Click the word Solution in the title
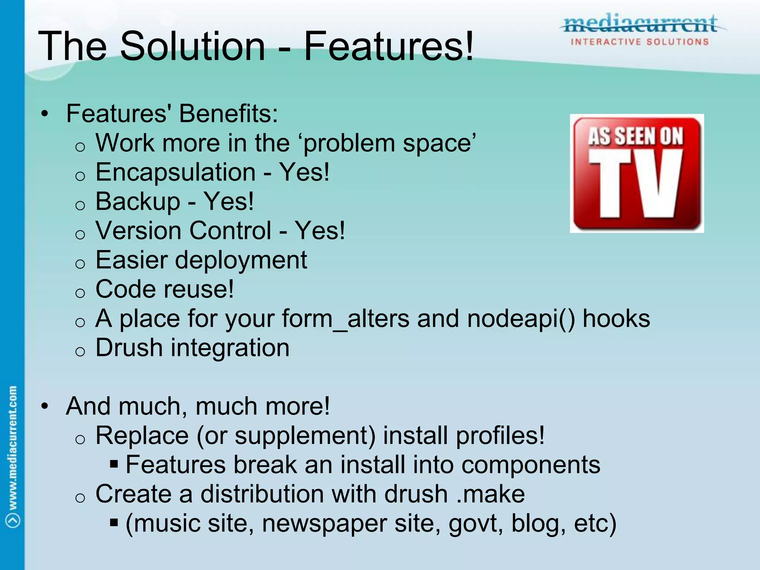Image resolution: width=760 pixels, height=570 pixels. coord(193,46)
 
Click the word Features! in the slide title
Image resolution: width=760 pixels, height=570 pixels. coord(388,46)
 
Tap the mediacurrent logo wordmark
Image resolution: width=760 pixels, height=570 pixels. coord(640,24)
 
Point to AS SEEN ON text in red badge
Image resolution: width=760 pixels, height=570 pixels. coord(636,136)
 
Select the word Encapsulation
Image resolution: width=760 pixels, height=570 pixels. coord(176,173)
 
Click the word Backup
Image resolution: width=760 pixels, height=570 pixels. coord(138,202)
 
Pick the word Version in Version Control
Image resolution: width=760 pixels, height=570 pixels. coord(139,231)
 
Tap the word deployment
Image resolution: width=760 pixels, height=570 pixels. coord(241,260)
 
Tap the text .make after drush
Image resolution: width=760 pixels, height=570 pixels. coord(491,494)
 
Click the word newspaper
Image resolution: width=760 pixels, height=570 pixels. coord(324,523)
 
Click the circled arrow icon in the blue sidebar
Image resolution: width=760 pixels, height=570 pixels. coord(13,520)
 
